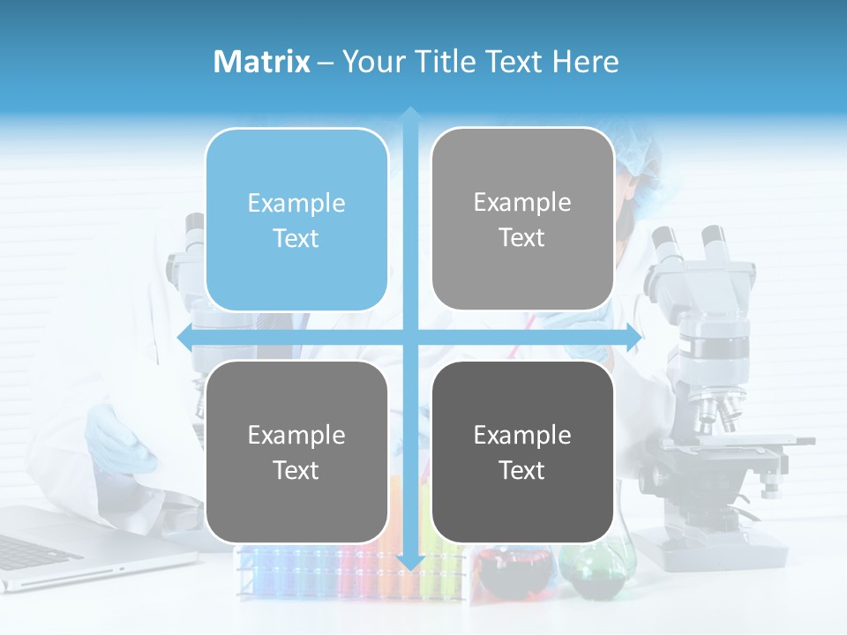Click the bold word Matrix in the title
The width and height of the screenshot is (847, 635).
(262, 62)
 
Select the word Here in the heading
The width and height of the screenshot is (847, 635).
(586, 62)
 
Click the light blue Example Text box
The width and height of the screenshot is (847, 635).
(296, 220)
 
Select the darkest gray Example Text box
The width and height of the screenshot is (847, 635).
(522, 452)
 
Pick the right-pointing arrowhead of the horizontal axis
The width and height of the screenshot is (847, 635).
(633, 338)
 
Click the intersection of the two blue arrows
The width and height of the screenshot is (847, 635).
(410, 338)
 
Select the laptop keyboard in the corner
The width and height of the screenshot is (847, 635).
(31, 550)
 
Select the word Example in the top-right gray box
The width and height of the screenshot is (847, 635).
(522, 203)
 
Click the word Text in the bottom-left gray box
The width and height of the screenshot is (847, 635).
(296, 470)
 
